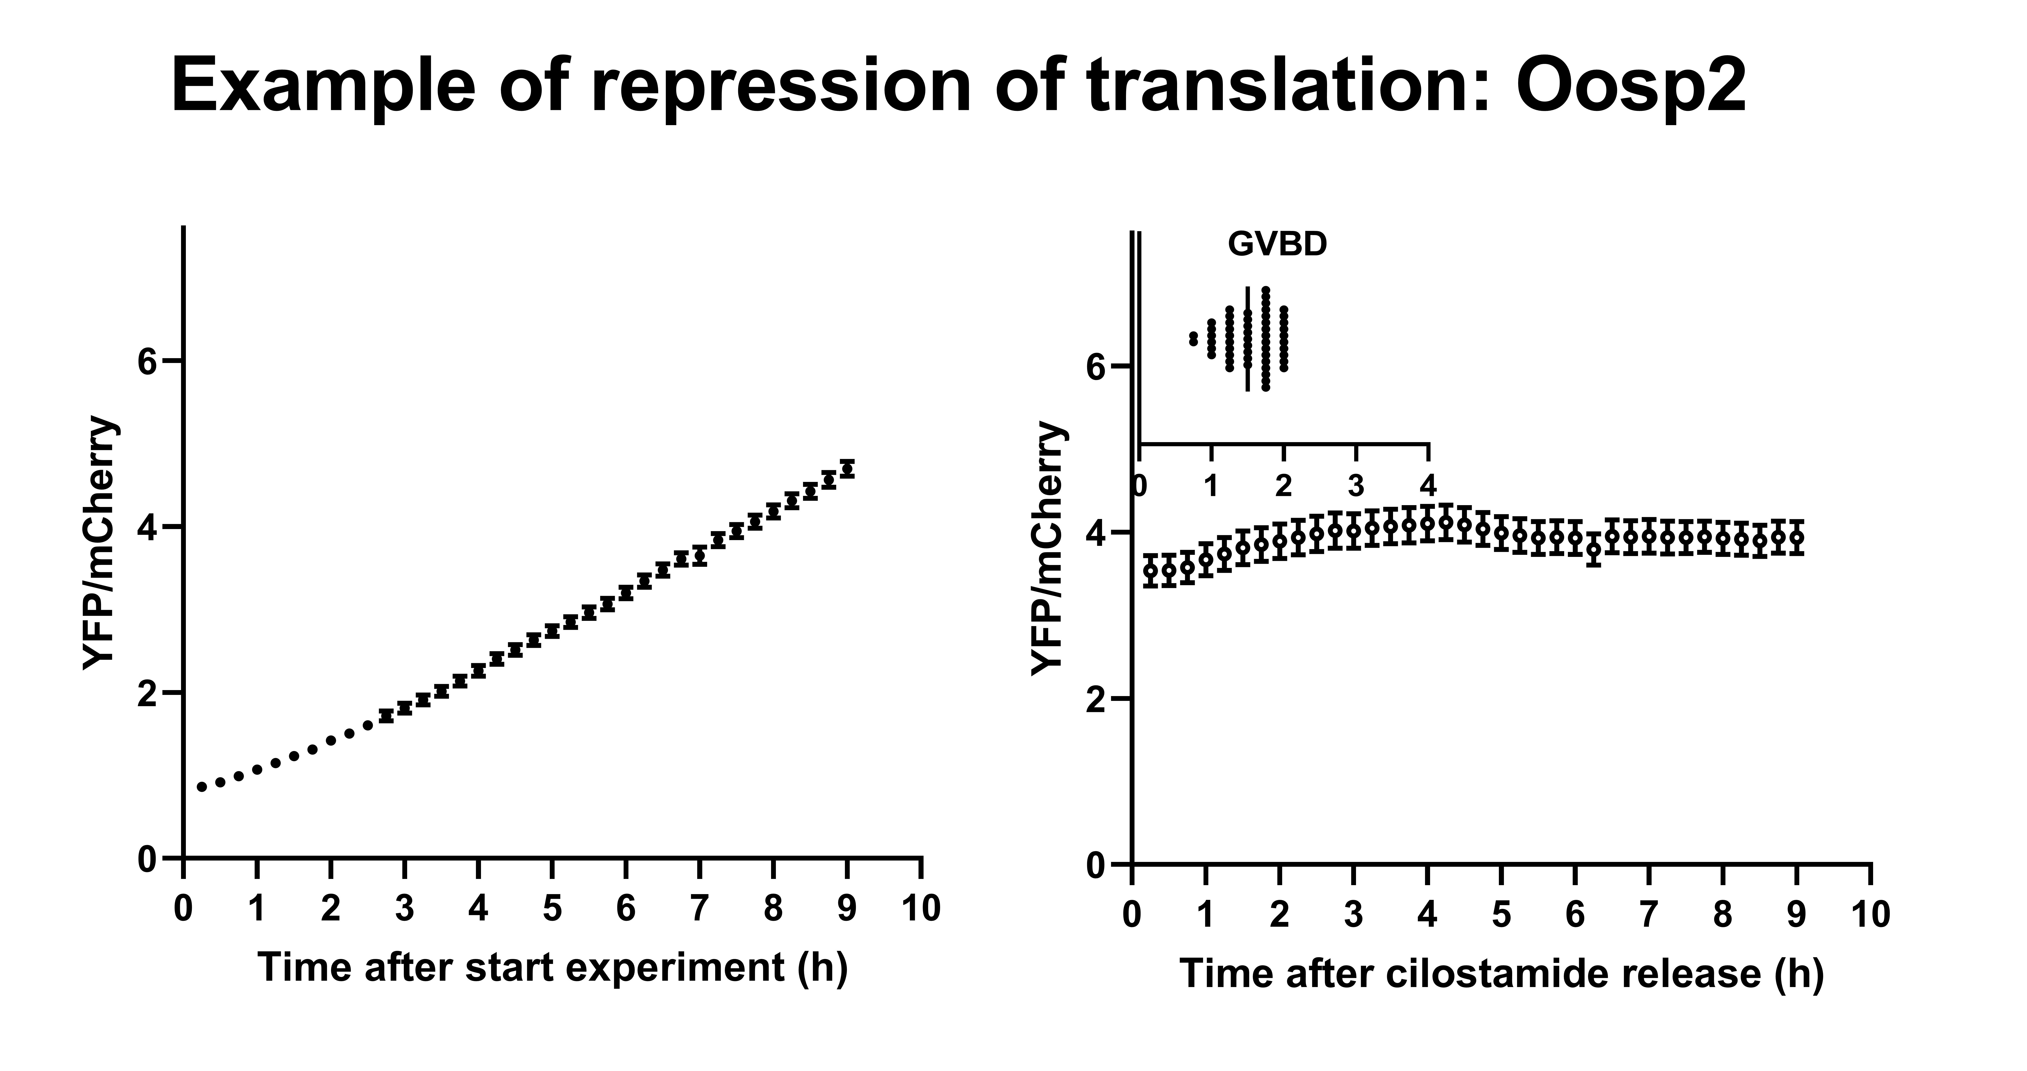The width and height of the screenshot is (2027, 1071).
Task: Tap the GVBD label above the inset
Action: click(1277, 245)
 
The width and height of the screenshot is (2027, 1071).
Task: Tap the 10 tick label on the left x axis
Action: click(921, 909)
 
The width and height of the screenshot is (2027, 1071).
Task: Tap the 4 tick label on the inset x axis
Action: click(1428, 486)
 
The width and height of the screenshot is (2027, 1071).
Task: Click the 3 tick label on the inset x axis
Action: click(1356, 486)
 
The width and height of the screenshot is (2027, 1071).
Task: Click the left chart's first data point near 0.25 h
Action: click(202, 786)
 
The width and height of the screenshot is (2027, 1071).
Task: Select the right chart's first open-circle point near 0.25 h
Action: click(1150, 570)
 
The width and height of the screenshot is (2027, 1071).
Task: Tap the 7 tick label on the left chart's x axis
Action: click(700, 909)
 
